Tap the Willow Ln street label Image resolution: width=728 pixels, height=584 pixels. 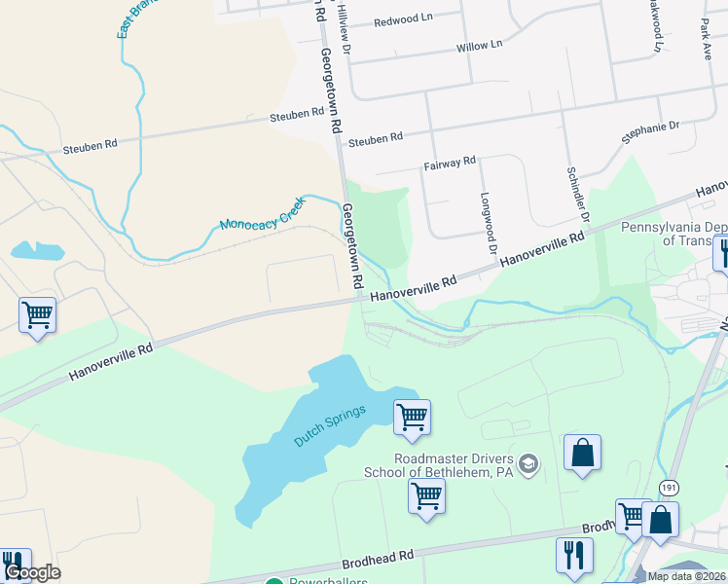479,46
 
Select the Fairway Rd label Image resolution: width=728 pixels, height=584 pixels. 449,163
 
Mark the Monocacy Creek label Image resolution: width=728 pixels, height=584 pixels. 262,212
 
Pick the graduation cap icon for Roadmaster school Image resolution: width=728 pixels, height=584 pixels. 529,463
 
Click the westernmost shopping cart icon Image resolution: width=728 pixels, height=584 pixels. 37,314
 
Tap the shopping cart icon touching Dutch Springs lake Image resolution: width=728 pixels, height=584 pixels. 412,417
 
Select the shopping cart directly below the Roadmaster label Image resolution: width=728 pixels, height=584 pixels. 426,495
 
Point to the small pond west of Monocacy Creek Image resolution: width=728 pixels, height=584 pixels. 37,251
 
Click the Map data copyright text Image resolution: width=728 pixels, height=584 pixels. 686,576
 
